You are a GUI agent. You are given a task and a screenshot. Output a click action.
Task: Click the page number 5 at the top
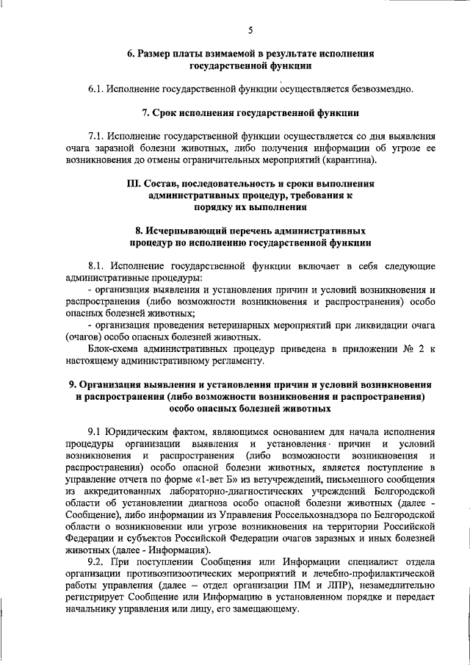click(x=250, y=30)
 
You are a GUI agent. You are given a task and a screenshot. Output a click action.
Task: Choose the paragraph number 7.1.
click(x=95, y=136)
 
